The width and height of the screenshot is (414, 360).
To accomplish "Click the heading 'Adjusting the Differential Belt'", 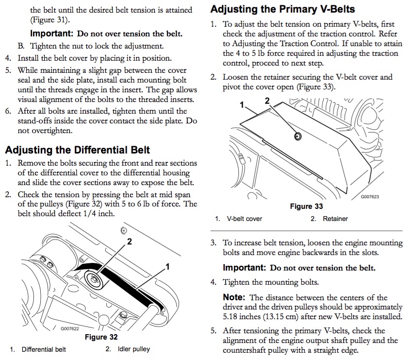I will [x=78, y=150].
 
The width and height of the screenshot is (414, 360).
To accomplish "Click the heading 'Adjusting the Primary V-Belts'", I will [x=283, y=9].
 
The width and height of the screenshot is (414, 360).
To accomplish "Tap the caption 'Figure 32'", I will [x=101, y=337].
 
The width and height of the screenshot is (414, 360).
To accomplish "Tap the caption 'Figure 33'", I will [x=306, y=206].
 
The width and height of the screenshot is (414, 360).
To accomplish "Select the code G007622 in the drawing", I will [x=69, y=328].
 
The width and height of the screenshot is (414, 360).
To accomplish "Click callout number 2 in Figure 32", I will [x=130, y=241].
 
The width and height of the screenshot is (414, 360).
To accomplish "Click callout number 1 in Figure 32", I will [x=167, y=266].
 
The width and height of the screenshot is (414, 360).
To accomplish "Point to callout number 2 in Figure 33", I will [x=266, y=101].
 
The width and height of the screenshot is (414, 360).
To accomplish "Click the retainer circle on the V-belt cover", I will [x=298, y=137].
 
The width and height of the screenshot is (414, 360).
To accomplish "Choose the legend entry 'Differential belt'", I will [x=44, y=349].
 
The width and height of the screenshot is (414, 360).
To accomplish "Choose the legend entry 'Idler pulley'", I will [x=133, y=349].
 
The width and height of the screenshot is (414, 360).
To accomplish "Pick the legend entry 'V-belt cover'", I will [x=244, y=219].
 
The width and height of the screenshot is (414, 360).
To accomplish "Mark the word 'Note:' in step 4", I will [x=234, y=297].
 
